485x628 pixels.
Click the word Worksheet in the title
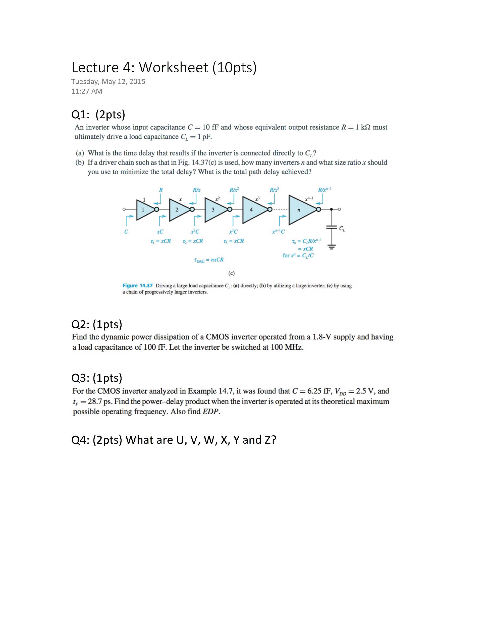tap(173, 68)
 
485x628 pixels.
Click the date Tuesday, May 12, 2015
tap(108, 82)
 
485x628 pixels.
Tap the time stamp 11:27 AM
tap(87, 91)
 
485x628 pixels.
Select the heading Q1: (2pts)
tap(98, 115)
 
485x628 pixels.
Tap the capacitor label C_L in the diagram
tap(342, 229)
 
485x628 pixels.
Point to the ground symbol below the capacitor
tap(332, 247)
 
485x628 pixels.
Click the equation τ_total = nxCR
tap(209, 260)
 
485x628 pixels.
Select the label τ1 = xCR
tap(160, 241)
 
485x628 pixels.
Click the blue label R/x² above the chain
tap(234, 190)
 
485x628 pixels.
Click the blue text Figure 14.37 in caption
tap(137, 286)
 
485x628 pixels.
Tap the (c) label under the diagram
tap(231, 273)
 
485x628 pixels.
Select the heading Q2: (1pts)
tap(97, 324)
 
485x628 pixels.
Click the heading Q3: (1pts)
tap(97, 378)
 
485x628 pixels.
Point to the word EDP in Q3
tap(210, 411)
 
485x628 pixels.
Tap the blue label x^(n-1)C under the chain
tap(278, 231)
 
